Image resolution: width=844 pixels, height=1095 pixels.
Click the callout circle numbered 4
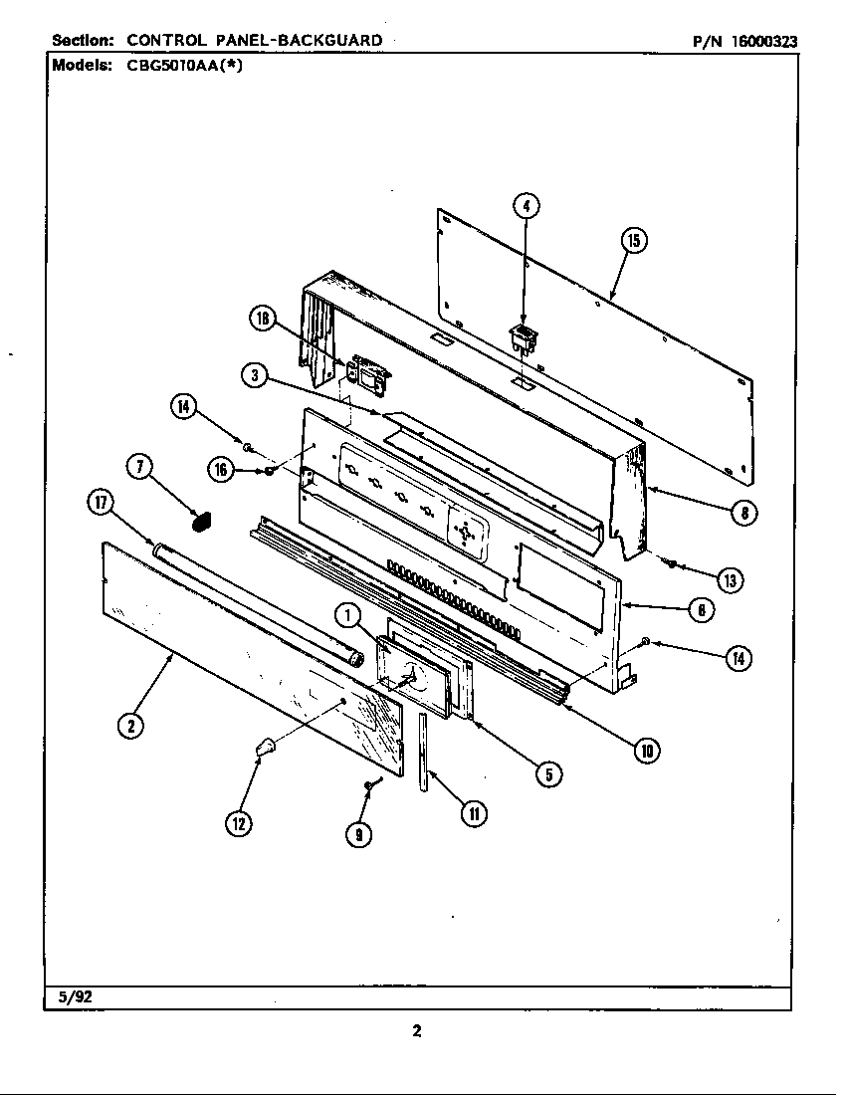point(527,207)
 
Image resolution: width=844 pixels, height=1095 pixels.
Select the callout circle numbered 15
point(634,240)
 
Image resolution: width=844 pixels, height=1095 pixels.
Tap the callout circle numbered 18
point(263,319)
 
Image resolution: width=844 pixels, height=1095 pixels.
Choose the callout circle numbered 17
point(101,504)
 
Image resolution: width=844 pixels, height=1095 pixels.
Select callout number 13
point(730,579)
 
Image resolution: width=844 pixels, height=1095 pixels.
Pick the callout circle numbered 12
point(237,822)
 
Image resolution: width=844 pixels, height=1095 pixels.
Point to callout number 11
point(474,813)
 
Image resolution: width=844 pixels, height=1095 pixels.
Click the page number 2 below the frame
point(417,1031)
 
